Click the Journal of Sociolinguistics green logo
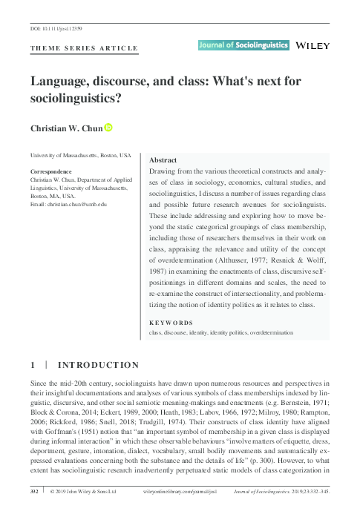(243, 45)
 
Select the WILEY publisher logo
(312, 45)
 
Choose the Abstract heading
(163, 159)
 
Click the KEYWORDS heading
(171, 323)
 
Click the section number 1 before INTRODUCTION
(33, 364)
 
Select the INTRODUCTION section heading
(96, 364)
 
